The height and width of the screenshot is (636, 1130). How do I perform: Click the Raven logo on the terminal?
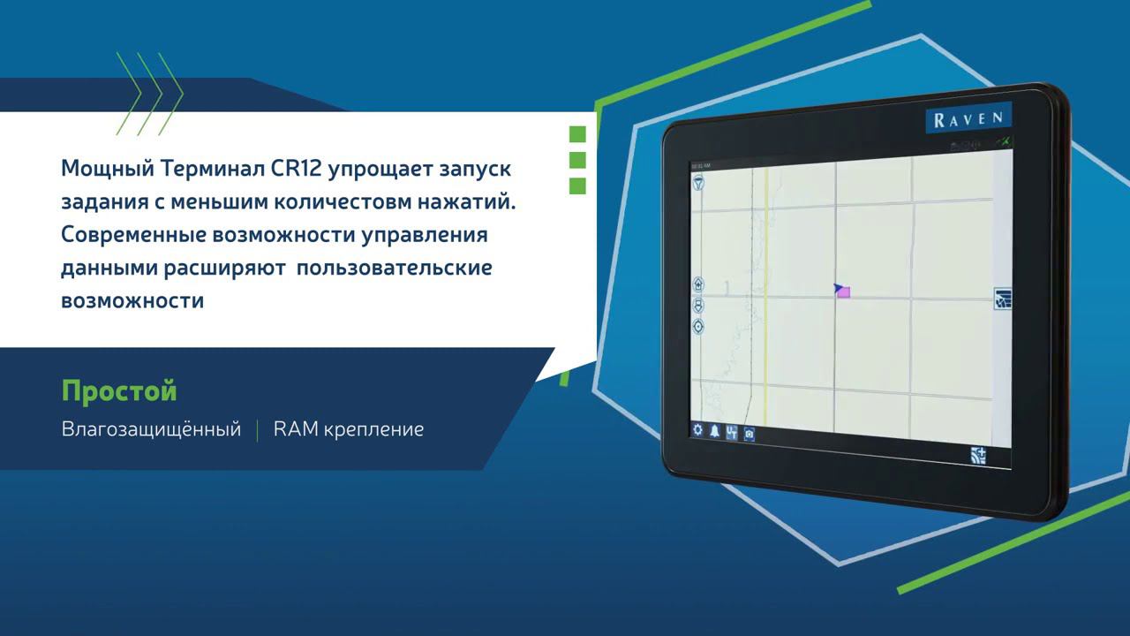pyautogui.click(x=968, y=118)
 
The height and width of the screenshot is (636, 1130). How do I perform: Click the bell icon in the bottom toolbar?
pyautogui.click(x=714, y=431)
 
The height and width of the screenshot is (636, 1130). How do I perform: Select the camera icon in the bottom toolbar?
pyautogui.click(x=749, y=434)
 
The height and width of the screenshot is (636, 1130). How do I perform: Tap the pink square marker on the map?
pyautogui.click(x=843, y=292)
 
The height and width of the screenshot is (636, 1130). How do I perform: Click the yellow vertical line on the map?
pyautogui.click(x=766, y=265)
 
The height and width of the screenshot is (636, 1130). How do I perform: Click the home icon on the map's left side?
pyautogui.click(x=698, y=284)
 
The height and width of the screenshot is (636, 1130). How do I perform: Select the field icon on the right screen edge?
pyautogui.click(x=1002, y=299)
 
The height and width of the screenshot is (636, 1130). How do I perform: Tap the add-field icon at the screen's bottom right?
pyautogui.click(x=977, y=456)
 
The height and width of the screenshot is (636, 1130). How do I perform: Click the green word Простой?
pyautogui.click(x=119, y=390)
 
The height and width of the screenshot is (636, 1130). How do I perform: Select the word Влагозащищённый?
pyautogui.click(x=151, y=429)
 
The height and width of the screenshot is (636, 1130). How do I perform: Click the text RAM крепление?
pyautogui.click(x=349, y=429)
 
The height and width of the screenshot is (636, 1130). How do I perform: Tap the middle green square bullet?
pyautogui.click(x=577, y=160)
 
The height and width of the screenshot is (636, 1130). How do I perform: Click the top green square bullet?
pyautogui.click(x=577, y=134)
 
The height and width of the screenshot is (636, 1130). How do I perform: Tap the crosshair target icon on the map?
pyautogui.click(x=698, y=326)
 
